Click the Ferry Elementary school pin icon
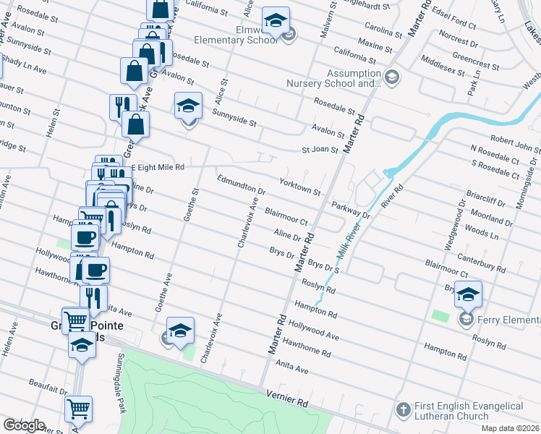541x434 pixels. click(x=468, y=294)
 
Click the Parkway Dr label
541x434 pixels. click(x=351, y=210)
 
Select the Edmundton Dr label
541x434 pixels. click(x=242, y=184)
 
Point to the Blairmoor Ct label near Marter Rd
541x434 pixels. click(x=287, y=216)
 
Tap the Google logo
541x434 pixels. click(x=23, y=425)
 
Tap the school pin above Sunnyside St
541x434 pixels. click(x=188, y=106)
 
